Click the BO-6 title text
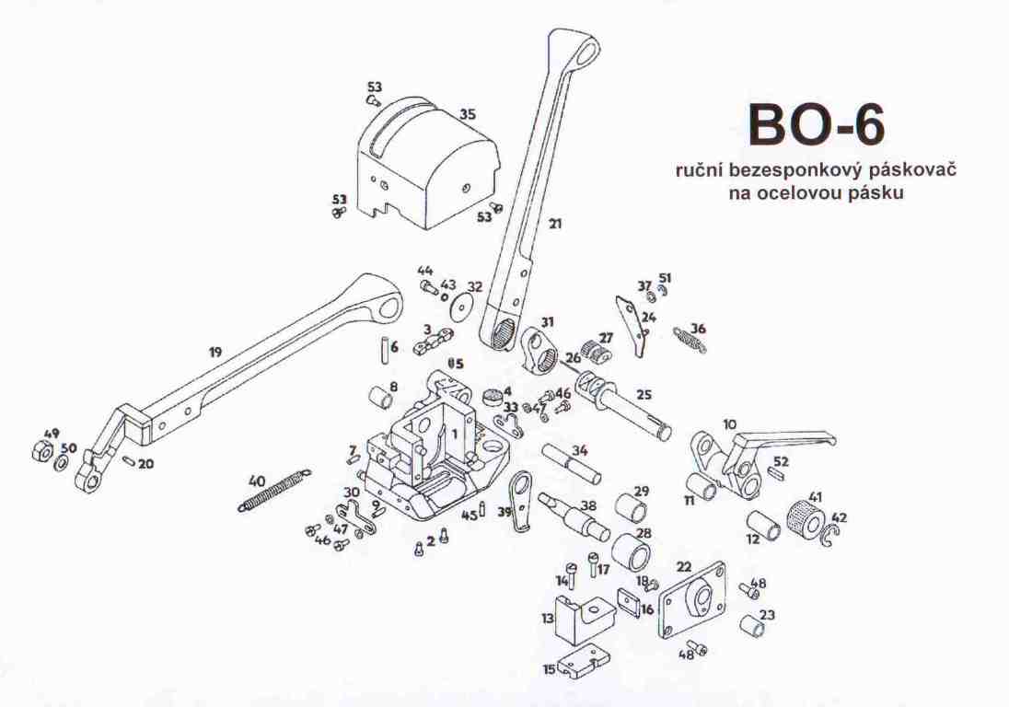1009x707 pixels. [817, 125]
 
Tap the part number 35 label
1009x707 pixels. [468, 114]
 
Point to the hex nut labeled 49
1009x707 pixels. [41, 451]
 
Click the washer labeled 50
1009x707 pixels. [63, 462]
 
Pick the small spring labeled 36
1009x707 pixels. [690, 339]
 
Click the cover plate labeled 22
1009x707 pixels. [691, 601]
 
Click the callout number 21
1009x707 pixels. [555, 223]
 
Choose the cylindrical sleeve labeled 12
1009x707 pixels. [764, 525]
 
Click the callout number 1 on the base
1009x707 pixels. [454, 435]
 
